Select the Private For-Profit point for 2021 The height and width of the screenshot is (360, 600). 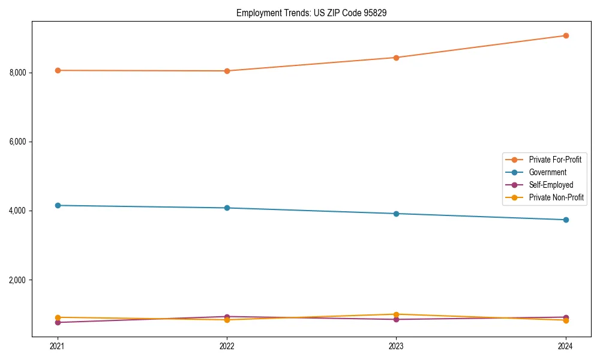[58, 70]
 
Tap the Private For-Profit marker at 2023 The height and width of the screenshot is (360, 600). [396, 58]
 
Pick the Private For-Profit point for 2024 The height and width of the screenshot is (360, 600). [566, 35]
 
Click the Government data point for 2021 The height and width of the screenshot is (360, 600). [58, 205]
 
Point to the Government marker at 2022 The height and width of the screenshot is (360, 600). [227, 208]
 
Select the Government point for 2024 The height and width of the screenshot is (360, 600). [566, 220]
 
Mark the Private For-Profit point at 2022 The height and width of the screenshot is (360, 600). [227, 71]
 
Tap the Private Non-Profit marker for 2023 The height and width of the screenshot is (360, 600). [396, 314]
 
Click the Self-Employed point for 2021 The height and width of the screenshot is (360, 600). [58, 322]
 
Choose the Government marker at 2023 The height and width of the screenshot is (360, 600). [396, 214]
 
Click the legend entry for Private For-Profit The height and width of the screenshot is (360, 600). [555, 160]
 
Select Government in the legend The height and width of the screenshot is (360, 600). [547, 172]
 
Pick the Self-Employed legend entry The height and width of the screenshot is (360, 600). [551, 185]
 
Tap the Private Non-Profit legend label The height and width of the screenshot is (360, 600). [556, 197]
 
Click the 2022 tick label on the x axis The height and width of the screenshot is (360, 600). [227, 346]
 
